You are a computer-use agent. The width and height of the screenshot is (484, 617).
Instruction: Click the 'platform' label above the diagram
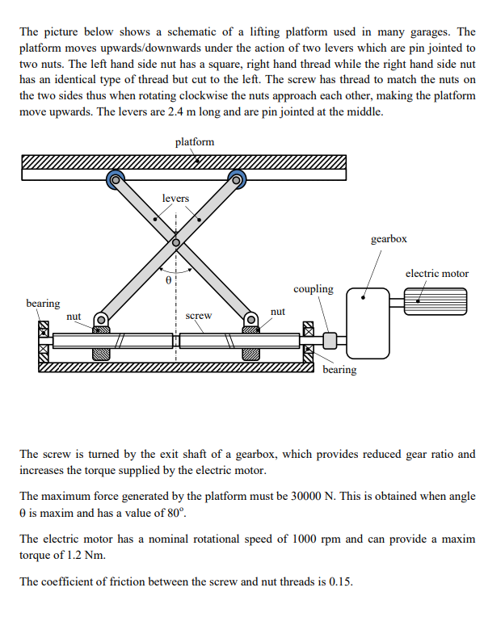coord(195,141)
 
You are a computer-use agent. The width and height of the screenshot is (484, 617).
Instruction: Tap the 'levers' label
coord(175,198)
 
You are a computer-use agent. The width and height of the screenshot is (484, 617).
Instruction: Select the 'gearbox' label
coord(389,239)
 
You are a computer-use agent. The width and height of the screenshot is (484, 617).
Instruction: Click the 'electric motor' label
coord(436,273)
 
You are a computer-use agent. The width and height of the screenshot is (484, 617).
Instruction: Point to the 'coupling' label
coord(313,288)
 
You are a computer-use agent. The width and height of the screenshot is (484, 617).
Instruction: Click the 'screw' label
coord(199,316)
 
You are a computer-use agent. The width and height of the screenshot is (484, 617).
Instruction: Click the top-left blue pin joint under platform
coord(116,179)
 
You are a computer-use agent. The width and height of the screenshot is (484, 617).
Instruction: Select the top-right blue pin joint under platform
coord(237,178)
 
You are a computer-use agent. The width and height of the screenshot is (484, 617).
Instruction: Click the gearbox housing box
coord(369,323)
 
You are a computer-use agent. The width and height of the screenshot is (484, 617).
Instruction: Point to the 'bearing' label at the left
coord(43,303)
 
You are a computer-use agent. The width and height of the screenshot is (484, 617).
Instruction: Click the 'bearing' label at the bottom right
coord(339,370)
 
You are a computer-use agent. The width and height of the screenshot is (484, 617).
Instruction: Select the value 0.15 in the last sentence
coord(338,581)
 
